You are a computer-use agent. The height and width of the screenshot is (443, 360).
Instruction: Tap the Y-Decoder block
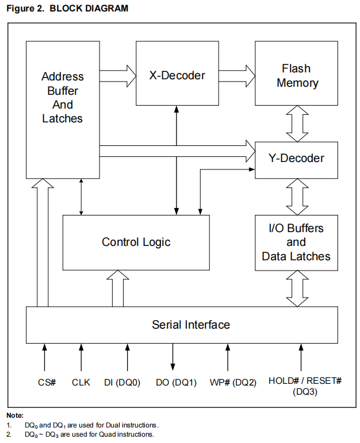(x=297, y=158)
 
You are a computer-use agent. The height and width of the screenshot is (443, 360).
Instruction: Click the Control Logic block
(x=136, y=242)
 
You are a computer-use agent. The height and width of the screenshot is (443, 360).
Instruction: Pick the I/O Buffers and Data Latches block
(x=297, y=242)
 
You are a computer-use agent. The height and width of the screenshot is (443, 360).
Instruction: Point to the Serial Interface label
(x=191, y=325)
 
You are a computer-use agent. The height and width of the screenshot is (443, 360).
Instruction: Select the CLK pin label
(x=81, y=382)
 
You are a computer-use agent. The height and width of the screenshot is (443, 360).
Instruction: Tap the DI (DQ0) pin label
(x=122, y=382)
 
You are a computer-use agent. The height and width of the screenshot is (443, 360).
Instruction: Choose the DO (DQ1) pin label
(x=177, y=382)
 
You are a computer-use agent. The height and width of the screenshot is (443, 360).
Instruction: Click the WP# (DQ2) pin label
(x=233, y=382)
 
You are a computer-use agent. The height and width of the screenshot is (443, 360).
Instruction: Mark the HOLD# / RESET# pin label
(x=305, y=382)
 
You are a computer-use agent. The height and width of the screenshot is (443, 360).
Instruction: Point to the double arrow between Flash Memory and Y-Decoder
(x=297, y=124)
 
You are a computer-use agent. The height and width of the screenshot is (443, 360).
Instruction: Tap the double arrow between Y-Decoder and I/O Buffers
(x=297, y=196)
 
